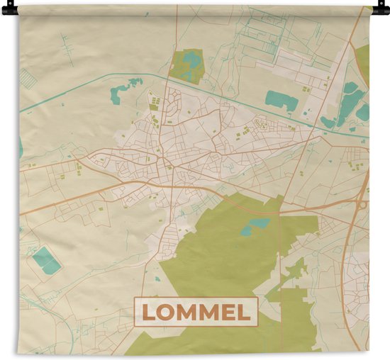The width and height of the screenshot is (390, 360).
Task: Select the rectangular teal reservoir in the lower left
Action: (x=46, y=260)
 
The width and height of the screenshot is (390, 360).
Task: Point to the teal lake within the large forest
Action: (x=256, y=226)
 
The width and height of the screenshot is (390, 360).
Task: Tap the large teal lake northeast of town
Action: (x=281, y=100)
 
